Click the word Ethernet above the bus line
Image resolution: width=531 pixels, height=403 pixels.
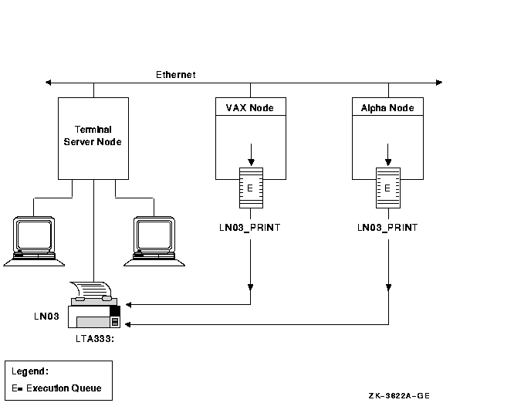[176, 75]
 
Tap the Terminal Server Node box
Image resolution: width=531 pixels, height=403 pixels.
[93, 137]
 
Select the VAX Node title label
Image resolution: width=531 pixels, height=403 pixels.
[249, 107]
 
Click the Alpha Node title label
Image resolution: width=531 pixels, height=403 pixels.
[387, 107]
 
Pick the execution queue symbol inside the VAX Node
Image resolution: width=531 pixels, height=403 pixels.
[250, 187]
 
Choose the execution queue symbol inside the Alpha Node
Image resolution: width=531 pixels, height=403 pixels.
[387, 187]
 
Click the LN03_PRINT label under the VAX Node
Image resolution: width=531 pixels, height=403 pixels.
[250, 228]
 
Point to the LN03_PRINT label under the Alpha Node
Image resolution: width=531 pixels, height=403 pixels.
[387, 228]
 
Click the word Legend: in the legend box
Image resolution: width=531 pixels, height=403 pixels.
[31, 371]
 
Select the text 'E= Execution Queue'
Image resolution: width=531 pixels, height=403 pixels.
[57, 388]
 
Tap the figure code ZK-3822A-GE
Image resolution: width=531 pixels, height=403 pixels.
[398, 395]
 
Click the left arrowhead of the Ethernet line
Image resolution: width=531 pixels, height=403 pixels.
[49, 82]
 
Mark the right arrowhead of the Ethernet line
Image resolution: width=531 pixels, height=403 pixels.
[440, 82]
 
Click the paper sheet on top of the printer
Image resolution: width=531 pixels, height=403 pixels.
[94, 291]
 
